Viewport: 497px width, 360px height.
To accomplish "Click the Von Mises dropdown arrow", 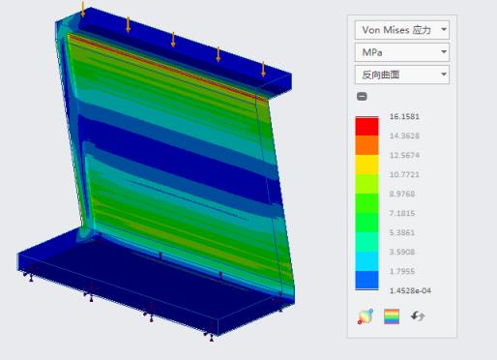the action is tap(444, 29).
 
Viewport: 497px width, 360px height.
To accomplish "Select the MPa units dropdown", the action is tap(402, 52).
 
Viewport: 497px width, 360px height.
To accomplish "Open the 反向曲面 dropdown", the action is tap(402, 75).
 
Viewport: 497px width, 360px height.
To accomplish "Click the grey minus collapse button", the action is tap(362, 96).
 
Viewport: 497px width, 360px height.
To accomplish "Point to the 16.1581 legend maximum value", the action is tap(404, 116).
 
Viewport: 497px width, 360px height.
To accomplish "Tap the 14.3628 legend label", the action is tap(404, 135).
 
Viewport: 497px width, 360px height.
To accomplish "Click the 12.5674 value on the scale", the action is tap(404, 155).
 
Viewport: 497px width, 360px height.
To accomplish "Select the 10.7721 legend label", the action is tap(404, 174).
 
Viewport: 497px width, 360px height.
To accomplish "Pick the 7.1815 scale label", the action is tap(402, 213).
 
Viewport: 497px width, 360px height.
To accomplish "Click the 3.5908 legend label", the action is tap(402, 252).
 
